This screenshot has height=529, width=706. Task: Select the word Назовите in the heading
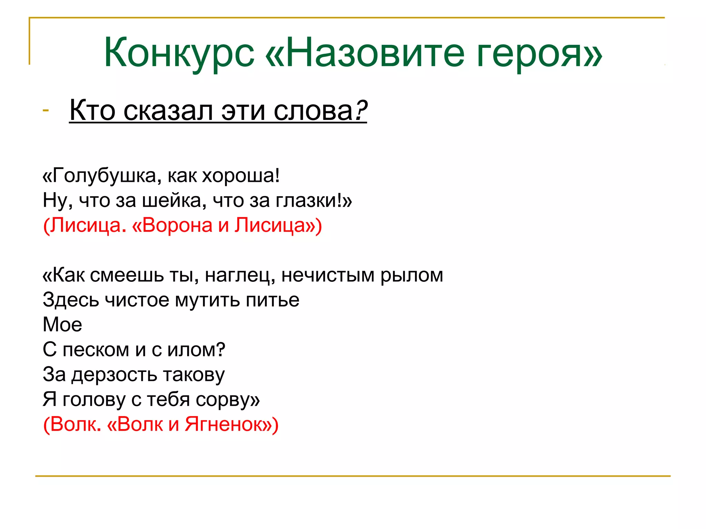pyautogui.click(x=376, y=52)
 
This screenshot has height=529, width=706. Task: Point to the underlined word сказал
pyautogui.click(x=168, y=111)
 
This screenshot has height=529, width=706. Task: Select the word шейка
pyautogui.click(x=174, y=200)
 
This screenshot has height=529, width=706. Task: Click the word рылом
pyautogui.click(x=412, y=276)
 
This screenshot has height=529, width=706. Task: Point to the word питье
pyautogui.click(x=272, y=300)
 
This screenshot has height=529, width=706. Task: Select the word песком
pyautogui.click(x=96, y=350)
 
